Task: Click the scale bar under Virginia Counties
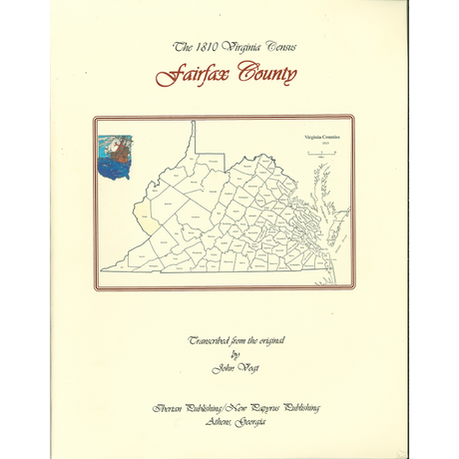click(322, 153)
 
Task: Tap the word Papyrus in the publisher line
click(262, 409)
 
